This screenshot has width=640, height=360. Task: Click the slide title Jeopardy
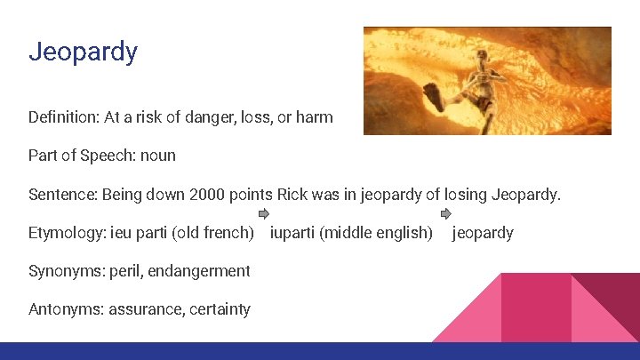tap(83, 52)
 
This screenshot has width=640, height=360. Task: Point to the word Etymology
tap(66, 233)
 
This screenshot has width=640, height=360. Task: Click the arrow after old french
tap(263, 214)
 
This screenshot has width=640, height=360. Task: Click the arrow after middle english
tap(446, 214)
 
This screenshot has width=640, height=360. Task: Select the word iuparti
tap(292, 233)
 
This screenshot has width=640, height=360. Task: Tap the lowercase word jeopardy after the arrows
tap(483, 233)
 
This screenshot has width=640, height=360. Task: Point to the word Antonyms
tap(66, 309)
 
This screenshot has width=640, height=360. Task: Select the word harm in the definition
tap(315, 116)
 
